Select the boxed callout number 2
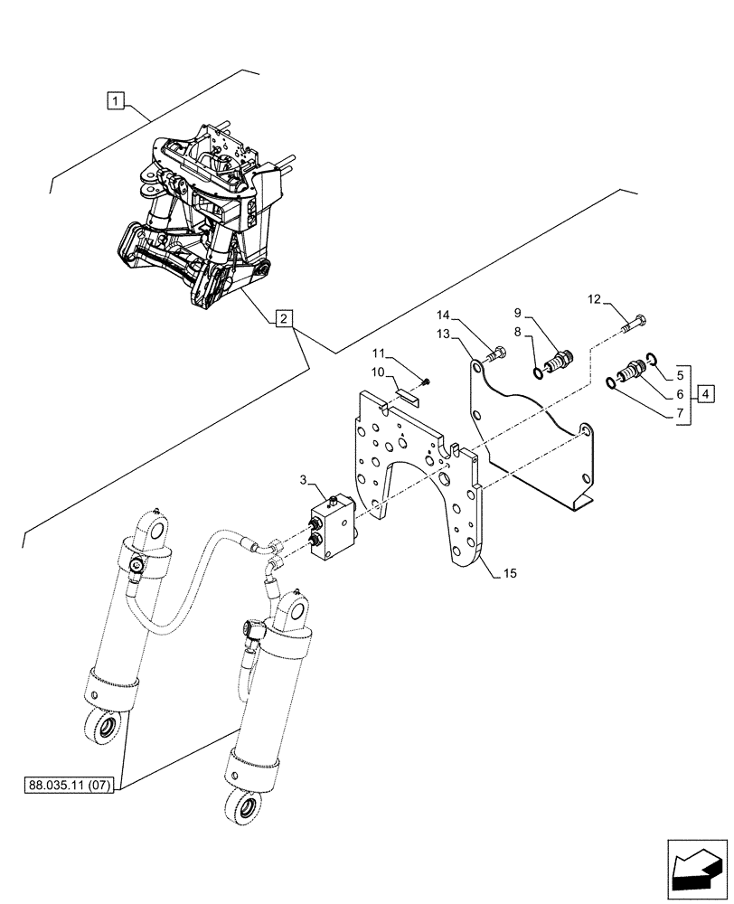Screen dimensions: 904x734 tap(283, 318)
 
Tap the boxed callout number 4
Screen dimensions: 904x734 tap(705, 394)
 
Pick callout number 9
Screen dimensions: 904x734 tap(519, 313)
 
